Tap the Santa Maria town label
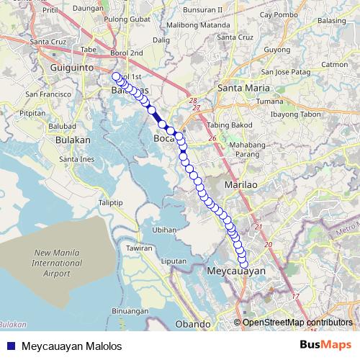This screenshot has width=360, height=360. click(240, 89)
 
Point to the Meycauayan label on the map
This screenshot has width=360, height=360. click(236, 271)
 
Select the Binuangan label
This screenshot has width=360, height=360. click(130, 310)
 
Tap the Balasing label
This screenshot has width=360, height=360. click(331, 20)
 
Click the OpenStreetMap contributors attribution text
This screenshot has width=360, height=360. click(297, 322)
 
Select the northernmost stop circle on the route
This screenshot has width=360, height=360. click(116, 76)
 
